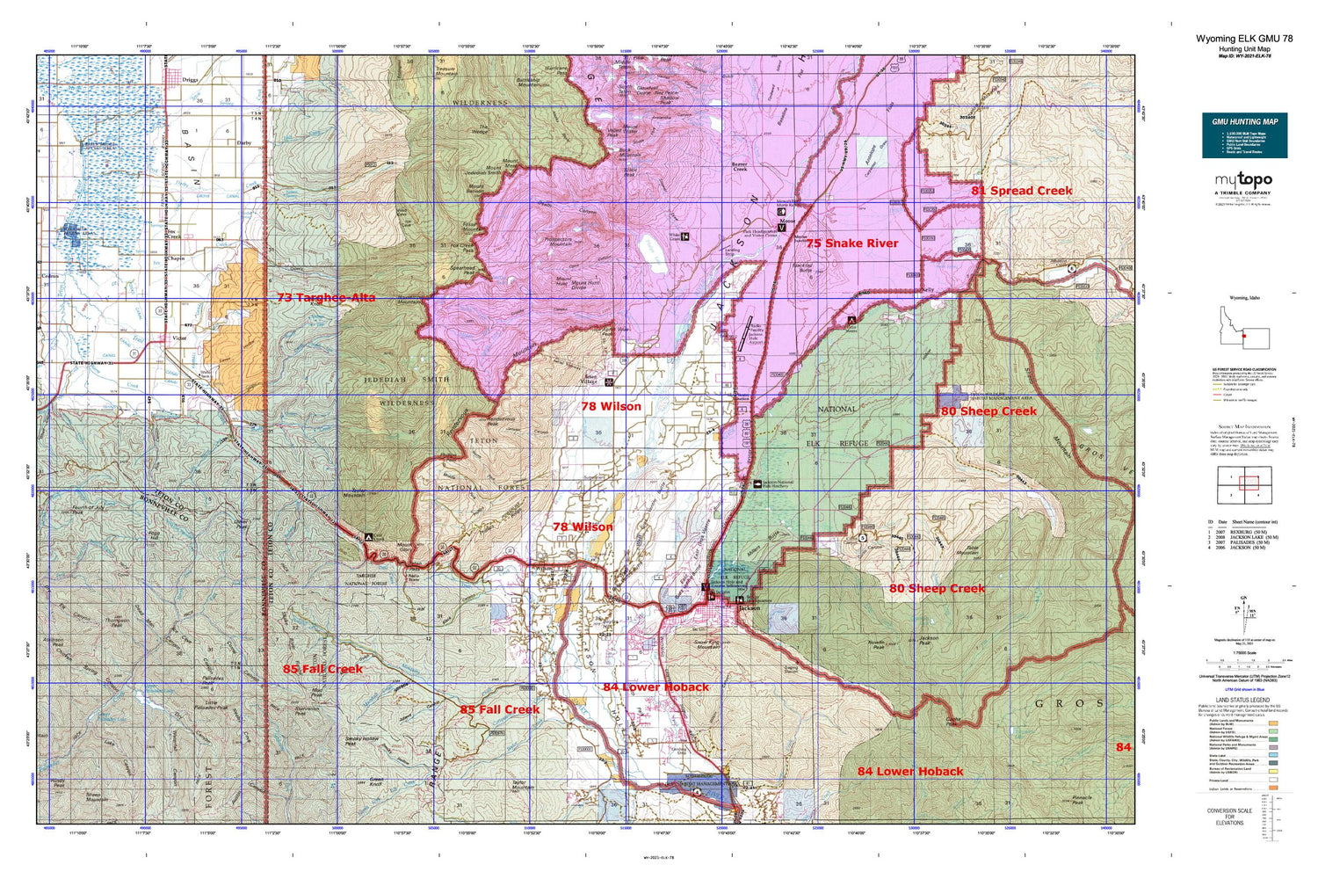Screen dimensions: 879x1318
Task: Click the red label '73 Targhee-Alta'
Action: pos(326,298)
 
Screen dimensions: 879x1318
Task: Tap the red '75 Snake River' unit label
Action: pos(852,243)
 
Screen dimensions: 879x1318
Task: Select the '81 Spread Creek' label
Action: pos(1021,191)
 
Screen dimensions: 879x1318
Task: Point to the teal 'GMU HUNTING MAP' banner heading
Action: pos(1244,121)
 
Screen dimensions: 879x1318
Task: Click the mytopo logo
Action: pos(1243,180)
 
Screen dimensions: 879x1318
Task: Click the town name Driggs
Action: pos(190,79)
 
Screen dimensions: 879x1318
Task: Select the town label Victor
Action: pos(179,338)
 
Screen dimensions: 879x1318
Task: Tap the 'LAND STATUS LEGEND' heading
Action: pos(1242,700)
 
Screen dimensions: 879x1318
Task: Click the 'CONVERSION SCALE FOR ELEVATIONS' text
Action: pos(1229,817)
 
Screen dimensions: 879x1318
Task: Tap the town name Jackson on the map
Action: pos(749,608)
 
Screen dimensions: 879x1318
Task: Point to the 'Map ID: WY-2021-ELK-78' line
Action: pos(1243,56)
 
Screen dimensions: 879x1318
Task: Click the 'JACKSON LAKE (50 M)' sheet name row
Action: pos(1254,537)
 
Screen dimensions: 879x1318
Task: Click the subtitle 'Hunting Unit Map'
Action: pos(1243,49)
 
